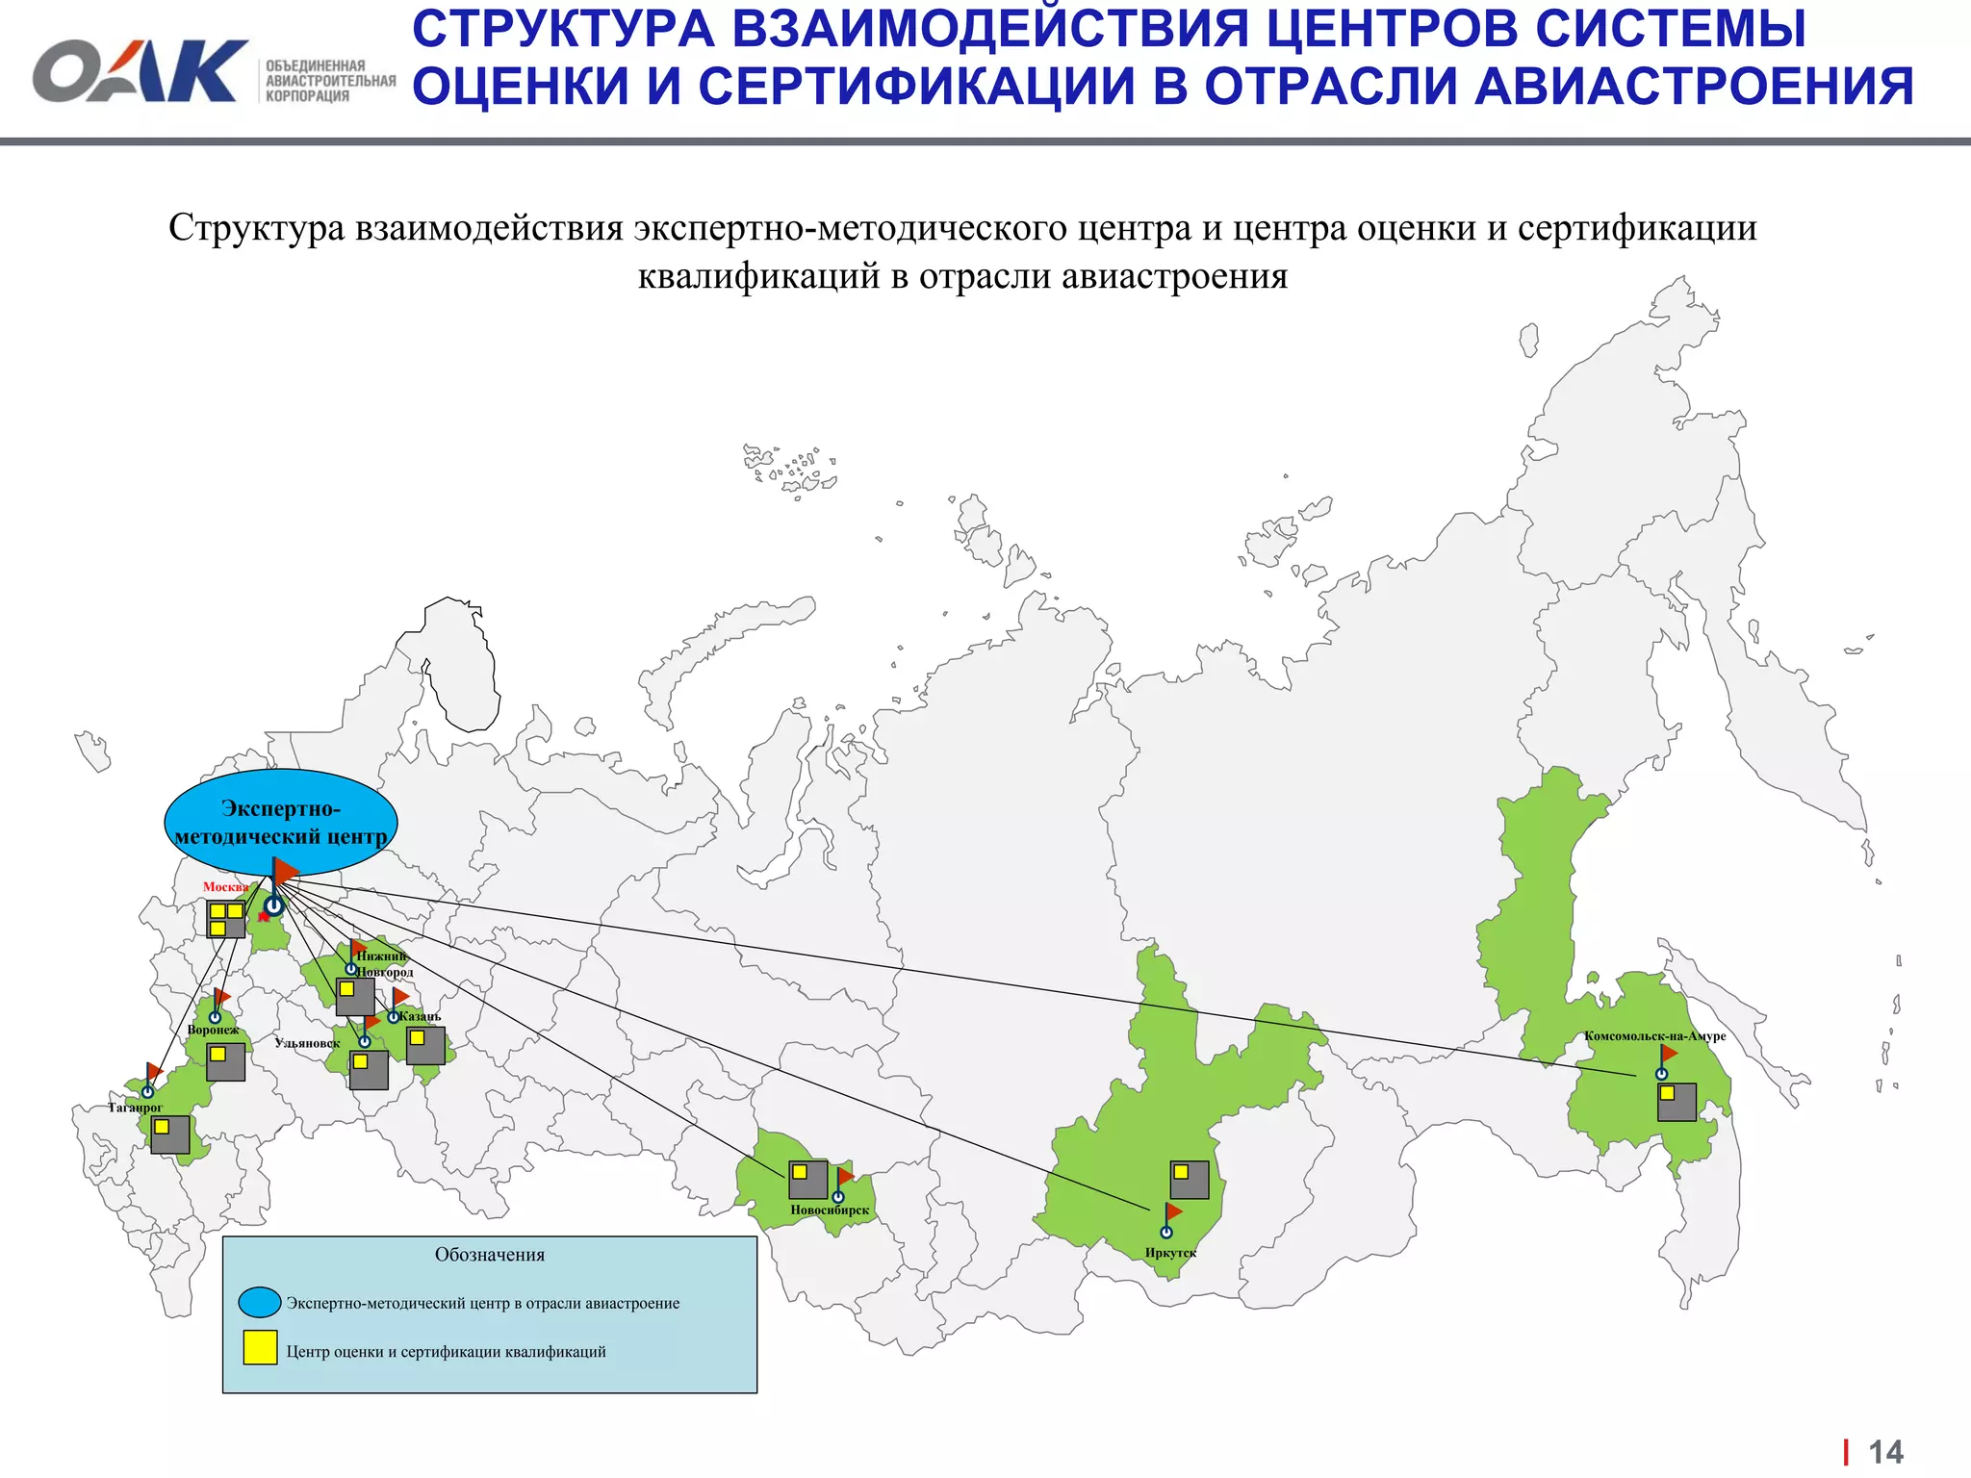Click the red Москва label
(225, 887)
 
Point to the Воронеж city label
(213, 1030)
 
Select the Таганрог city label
(135, 1108)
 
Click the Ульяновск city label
(307, 1043)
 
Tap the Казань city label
(421, 1016)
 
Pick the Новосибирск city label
(830, 1210)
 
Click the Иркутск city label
(1170, 1253)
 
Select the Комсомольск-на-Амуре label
(1655, 1036)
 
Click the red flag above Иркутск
(1173, 1211)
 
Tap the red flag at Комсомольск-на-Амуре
(1669, 1053)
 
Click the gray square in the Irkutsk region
(1190, 1180)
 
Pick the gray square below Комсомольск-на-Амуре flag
(1677, 1103)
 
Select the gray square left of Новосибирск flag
(808, 1180)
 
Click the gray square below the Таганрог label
(170, 1135)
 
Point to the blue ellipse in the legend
(260, 1302)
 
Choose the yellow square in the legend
(260, 1348)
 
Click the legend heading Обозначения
(490, 1255)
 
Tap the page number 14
(1885, 1451)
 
